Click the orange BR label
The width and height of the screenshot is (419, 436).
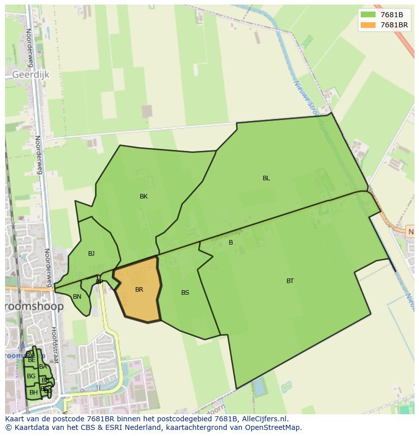139,290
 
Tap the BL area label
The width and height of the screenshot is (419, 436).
266,178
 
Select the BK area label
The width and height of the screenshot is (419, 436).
144,196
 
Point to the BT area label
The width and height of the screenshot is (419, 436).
290,281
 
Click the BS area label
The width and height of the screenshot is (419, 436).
185,293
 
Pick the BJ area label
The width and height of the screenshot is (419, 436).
91,254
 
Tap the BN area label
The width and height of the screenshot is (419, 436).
77,297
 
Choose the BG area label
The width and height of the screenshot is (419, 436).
31,376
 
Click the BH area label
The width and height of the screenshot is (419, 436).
33,392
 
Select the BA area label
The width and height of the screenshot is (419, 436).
43,367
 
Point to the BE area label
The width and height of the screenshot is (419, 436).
32,360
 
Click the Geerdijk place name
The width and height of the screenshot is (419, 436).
30,74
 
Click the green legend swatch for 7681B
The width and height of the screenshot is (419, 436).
368,15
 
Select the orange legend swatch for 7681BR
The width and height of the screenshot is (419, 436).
368,25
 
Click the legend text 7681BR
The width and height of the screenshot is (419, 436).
394,25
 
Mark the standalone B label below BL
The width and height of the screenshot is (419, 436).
231,243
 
